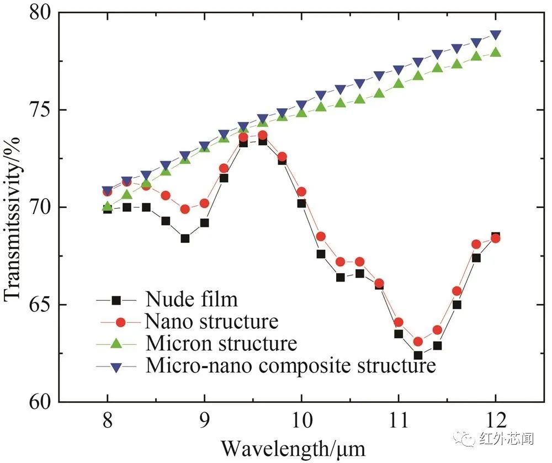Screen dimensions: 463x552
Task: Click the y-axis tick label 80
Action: (38, 13)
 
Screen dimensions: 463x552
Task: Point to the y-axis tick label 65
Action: (38, 305)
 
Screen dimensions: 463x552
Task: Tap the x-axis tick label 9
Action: (204, 422)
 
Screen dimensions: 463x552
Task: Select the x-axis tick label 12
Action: (495, 422)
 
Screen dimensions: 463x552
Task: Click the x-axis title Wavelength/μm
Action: (293, 446)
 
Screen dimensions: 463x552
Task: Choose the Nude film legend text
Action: (192, 300)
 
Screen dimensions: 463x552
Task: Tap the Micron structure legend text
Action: (221, 343)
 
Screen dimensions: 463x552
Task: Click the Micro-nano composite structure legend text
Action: (291, 365)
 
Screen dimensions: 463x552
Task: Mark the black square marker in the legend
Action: (116, 300)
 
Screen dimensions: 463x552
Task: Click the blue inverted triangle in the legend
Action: (116, 365)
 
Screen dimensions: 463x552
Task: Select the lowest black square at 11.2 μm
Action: (418, 355)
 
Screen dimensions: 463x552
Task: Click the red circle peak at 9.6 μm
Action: (262, 135)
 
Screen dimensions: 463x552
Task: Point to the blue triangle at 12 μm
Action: (496, 35)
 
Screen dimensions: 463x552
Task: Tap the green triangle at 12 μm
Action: (496, 52)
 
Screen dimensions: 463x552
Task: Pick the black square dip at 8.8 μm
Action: (185, 238)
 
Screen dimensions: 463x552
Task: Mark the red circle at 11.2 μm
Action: (418, 342)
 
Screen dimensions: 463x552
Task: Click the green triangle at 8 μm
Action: (108, 207)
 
